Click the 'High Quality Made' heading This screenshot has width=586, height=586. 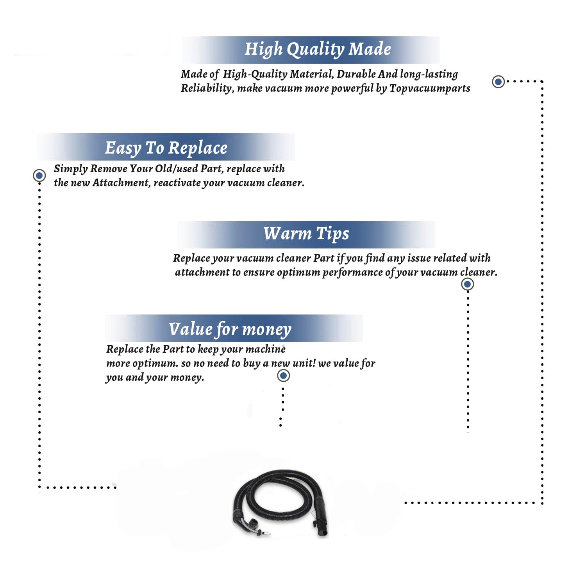(x=318, y=50)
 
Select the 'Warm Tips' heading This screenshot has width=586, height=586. (x=306, y=234)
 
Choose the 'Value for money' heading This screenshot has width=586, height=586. (x=230, y=329)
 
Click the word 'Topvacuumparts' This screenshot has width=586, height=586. (x=430, y=89)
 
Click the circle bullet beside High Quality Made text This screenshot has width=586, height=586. (x=498, y=82)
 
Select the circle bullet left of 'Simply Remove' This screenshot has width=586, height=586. (x=39, y=175)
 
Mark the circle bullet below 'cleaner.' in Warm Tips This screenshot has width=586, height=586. (x=468, y=284)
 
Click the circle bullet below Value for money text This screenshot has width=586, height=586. (x=283, y=375)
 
